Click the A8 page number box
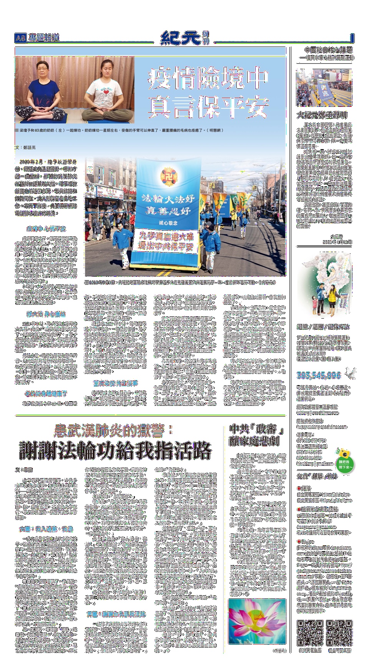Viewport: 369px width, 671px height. coord(20,38)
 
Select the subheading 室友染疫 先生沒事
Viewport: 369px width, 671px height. coord(115,383)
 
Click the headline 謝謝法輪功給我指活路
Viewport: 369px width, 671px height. coord(115,450)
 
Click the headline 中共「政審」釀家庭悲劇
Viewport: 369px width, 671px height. coord(256,435)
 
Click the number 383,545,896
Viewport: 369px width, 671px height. coord(319,375)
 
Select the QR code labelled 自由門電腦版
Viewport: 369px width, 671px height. coord(310,633)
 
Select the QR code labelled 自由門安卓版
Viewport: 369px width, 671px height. coord(339,633)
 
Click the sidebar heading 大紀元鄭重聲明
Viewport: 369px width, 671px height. coord(322,115)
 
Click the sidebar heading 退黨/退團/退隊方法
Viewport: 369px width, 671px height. coord(323,327)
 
